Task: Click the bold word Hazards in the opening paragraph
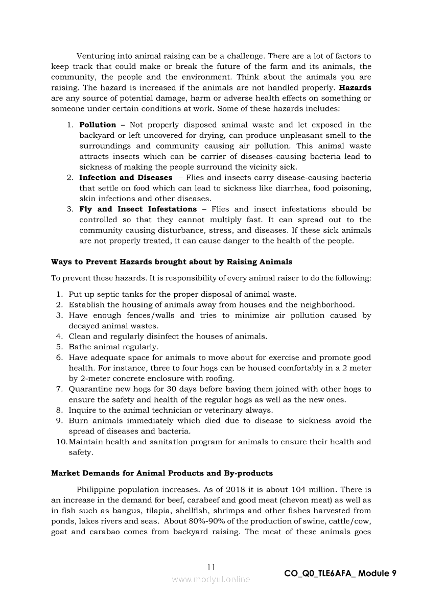[x=355, y=88]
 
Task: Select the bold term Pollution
[x=98, y=125]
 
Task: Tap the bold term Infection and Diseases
[x=126, y=178]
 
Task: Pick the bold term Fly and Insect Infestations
[x=138, y=209]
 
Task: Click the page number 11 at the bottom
[x=211, y=567]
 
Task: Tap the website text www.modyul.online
[x=211, y=579]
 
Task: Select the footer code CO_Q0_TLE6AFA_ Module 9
[x=340, y=574]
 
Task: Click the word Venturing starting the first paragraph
[x=95, y=56]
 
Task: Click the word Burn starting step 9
[x=78, y=421]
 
